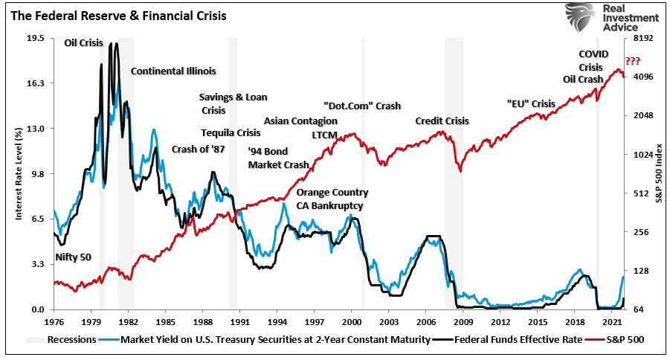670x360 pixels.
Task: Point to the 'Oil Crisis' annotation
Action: [83, 44]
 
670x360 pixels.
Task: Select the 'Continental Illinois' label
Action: [173, 71]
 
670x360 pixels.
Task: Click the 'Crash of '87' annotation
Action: [198, 149]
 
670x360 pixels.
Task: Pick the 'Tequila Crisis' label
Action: [231, 133]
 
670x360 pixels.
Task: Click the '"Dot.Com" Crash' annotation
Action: [362, 106]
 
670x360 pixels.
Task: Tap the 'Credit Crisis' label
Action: [442, 120]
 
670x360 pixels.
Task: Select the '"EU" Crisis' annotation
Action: [531, 103]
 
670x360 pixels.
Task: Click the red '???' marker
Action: [632, 61]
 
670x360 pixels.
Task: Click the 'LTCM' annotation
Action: [324, 134]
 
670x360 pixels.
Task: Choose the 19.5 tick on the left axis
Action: [35, 38]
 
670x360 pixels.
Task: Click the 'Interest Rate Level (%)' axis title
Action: [18, 173]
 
